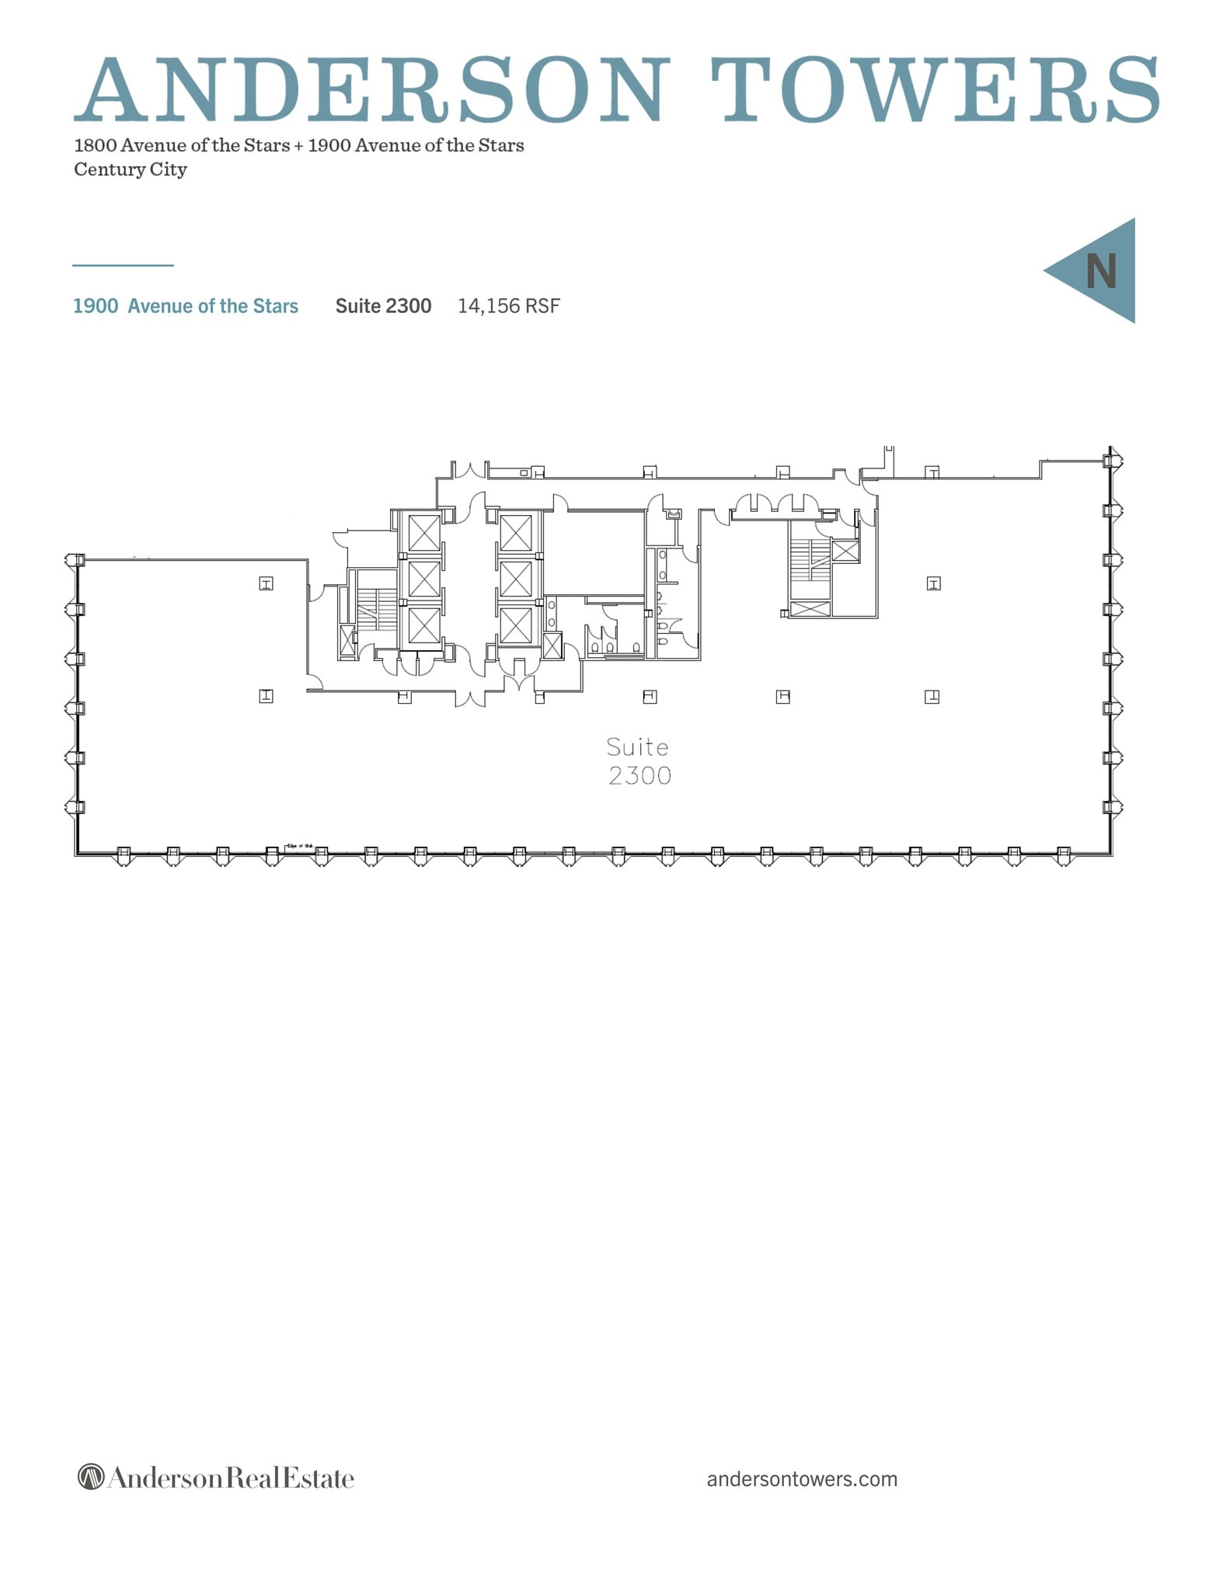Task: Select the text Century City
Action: [131, 169]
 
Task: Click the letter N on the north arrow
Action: [1100, 271]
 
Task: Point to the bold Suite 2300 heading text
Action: [383, 306]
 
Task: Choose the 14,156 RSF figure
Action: [508, 306]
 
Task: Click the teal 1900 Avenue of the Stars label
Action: [186, 306]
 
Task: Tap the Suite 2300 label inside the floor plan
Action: [639, 761]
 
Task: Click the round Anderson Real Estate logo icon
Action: [91, 1477]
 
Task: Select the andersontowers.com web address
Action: [802, 1478]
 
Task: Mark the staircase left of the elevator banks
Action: [377, 609]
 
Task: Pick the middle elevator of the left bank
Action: [424, 579]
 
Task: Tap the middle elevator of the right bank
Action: [515, 579]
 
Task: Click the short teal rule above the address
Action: [123, 266]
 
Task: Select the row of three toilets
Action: [612, 645]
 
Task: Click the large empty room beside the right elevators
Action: [594, 553]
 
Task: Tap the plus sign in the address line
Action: [298, 146]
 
